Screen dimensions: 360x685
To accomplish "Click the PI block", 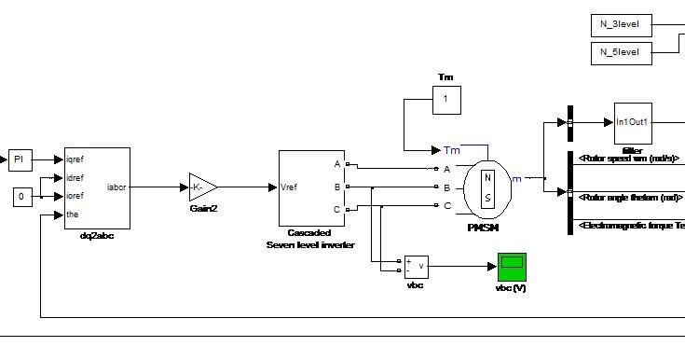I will (21, 160).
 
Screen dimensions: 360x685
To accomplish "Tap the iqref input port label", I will (81, 160).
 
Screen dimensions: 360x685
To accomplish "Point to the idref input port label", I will (80, 178).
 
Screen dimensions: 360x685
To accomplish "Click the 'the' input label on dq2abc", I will (75, 215).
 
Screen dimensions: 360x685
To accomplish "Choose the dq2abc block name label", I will (96, 235).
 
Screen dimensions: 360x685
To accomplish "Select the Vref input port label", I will (291, 187).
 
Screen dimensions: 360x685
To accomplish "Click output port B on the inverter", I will (337, 187).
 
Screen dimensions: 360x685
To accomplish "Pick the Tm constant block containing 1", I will (445, 100).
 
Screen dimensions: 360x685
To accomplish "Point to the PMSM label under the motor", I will (486, 227).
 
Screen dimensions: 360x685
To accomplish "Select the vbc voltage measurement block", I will (416, 268).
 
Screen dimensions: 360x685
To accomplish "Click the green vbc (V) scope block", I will (511, 267).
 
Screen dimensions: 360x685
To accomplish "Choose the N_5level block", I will (622, 52).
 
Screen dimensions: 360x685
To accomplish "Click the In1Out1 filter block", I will (632, 122).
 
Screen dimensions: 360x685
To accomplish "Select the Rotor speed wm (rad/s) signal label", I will (631, 158).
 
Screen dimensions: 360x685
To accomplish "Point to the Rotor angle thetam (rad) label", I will (631, 197).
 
